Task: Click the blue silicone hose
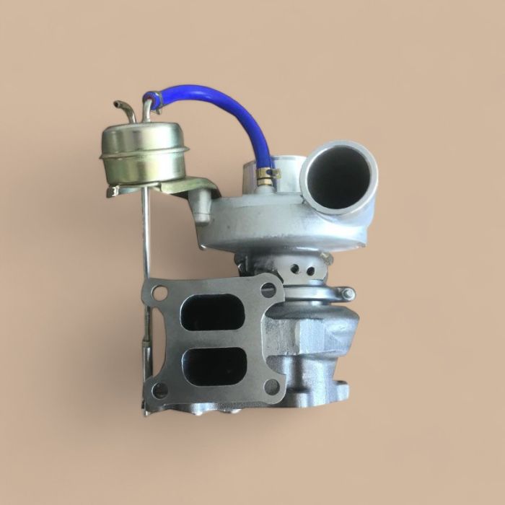coord(216,101)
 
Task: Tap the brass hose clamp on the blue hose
coord(265,175)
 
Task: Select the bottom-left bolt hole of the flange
coord(160,390)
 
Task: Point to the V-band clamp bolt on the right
coord(348,294)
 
